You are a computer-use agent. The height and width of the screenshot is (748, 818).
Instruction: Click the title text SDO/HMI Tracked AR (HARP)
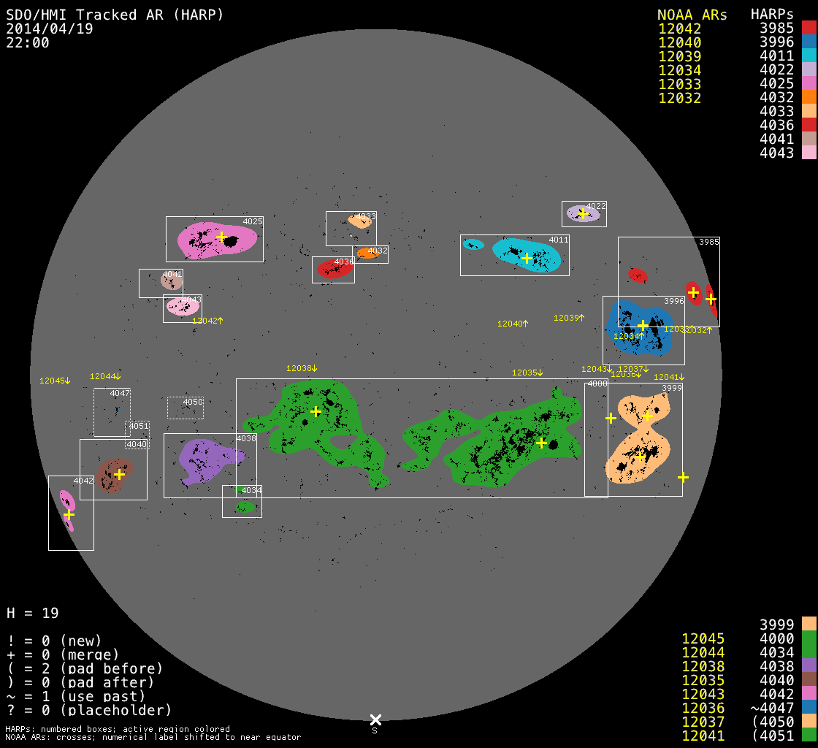click(x=115, y=15)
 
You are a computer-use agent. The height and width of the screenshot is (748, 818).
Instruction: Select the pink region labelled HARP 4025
click(x=197, y=240)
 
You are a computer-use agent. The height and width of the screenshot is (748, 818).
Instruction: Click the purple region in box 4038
click(x=201, y=460)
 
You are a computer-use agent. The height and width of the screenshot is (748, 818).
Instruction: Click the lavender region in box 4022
click(x=583, y=214)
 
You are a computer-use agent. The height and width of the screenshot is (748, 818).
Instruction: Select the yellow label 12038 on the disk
click(x=299, y=368)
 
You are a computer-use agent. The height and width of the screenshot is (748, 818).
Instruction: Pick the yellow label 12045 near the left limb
click(x=53, y=381)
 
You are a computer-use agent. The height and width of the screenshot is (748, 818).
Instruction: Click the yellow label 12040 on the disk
click(x=511, y=324)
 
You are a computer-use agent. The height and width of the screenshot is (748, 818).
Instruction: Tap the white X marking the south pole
click(x=375, y=720)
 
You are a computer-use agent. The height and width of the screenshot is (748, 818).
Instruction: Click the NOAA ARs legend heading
click(x=692, y=15)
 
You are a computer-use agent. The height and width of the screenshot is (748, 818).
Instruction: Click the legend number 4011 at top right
click(x=776, y=56)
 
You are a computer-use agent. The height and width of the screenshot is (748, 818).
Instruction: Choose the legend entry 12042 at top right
click(x=679, y=28)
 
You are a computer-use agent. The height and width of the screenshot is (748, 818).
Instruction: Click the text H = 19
click(x=33, y=613)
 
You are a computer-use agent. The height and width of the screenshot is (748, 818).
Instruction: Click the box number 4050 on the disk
click(x=193, y=402)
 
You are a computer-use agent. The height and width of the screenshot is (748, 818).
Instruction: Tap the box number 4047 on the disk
click(x=120, y=393)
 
